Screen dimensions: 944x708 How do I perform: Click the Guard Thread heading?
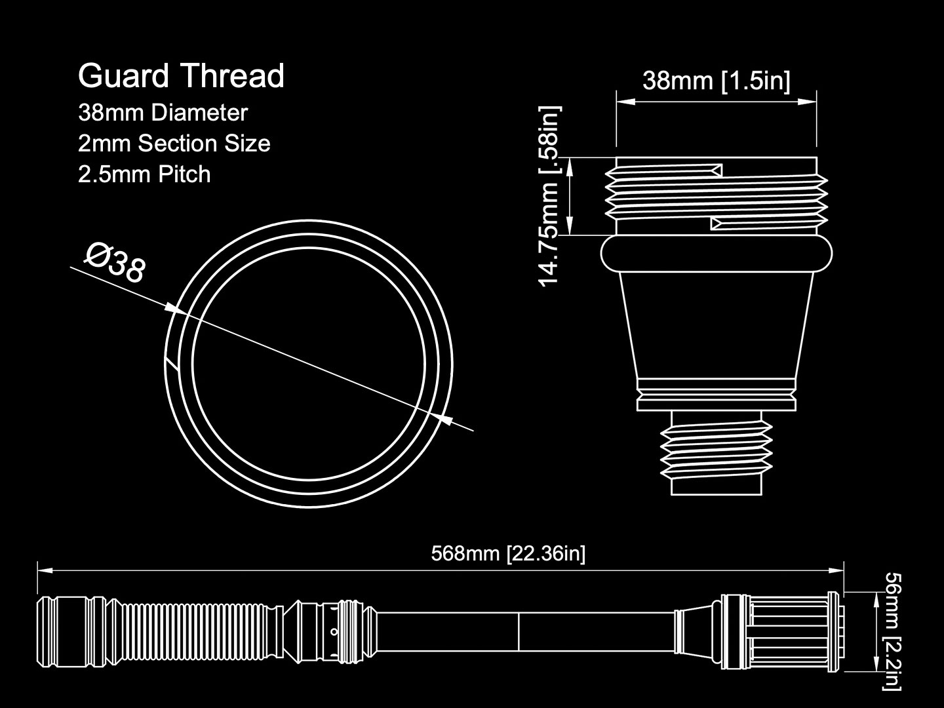[181, 76]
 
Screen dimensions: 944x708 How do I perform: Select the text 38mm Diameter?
[163, 113]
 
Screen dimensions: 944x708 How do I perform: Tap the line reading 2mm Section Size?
[174, 143]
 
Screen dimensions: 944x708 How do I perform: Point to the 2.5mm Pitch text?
[144, 174]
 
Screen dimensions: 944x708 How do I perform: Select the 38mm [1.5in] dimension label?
[716, 81]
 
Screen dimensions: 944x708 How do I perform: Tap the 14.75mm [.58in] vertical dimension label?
[549, 196]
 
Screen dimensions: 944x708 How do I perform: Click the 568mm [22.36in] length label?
[508, 554]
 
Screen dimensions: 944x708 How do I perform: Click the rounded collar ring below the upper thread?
[716, 254]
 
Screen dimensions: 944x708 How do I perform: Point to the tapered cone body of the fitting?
[716, 325]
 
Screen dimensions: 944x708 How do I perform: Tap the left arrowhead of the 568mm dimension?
[45, 570]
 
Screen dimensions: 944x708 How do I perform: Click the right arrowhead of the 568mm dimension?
[836, 570]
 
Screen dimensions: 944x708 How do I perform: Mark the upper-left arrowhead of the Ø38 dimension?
[176, 309]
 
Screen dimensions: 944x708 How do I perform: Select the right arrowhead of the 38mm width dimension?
[807, 102]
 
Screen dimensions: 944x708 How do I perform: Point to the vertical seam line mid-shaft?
[519, 631]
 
